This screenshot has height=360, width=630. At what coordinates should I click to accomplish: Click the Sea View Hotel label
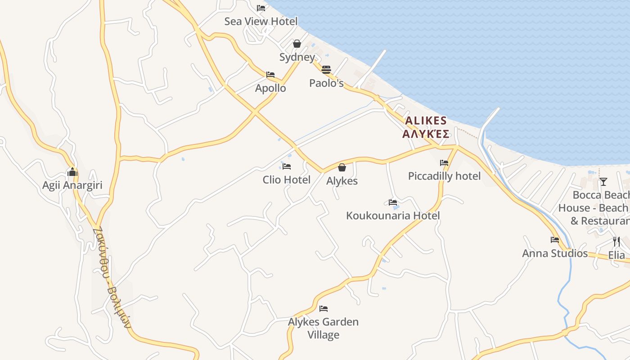coord(261,21)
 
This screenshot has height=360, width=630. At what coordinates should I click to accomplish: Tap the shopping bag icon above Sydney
coord(297,44)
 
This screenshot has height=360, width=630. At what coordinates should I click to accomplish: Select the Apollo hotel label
coord(270,88)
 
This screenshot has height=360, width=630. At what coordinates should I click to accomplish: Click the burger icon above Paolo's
coord(326,70)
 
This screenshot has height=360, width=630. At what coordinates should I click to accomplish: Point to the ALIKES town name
coord(426,121)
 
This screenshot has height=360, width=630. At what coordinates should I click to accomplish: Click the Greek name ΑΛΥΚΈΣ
coord(426,134)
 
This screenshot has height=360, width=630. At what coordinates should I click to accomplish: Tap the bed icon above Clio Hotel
coord(287,166)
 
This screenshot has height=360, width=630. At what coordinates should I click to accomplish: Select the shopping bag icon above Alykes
coord(342,167)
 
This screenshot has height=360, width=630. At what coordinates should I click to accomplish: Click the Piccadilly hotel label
coord(444,176)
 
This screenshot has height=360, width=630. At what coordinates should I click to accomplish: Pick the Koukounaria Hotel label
coord(393,216)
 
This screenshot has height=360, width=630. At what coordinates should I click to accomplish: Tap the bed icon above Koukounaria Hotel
coord(393,202)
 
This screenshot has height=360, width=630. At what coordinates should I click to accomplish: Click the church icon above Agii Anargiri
coord(72,172)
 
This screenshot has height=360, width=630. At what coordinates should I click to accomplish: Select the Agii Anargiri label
coord(72,185)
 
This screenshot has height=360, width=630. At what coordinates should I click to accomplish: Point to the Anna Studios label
coord(555,253)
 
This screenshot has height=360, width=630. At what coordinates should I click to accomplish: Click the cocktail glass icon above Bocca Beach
coord(603,182)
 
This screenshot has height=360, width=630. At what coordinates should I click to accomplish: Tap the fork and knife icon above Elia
coord(616,242)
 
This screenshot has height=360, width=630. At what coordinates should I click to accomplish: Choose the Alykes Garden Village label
coord(323,328)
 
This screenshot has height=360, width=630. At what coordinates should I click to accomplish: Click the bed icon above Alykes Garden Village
coord(324,309)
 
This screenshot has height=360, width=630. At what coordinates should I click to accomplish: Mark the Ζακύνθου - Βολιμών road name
coord(111,277)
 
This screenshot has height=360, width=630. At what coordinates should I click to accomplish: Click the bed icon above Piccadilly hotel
coord(444,163)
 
